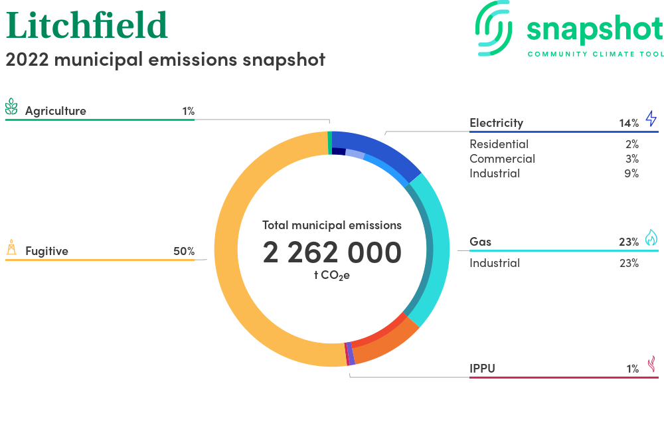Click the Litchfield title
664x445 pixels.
87,25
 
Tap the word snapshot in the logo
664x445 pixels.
595,30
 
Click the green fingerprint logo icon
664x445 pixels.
493,28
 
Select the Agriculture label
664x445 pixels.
56,111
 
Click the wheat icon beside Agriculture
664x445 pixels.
11,106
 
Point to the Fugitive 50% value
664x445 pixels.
184,251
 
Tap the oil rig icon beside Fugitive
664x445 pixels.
11,247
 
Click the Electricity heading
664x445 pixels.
496,123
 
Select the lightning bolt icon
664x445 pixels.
651,118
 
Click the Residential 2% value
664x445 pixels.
632,144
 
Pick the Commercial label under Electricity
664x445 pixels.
502,159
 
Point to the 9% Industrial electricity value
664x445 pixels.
631,173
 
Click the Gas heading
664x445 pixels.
480,242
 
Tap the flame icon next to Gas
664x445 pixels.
651,238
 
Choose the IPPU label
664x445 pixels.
482,369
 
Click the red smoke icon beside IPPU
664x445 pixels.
652,364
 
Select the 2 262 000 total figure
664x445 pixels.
332,252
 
